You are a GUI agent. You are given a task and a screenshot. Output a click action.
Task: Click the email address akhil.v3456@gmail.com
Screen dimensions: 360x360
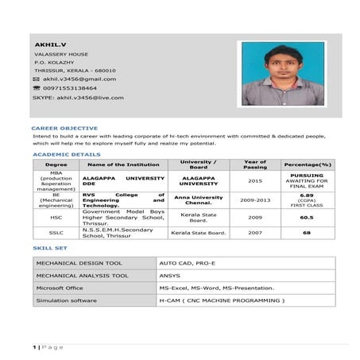[79, 79]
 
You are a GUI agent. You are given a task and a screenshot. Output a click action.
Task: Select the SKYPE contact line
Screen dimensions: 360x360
[78, 98]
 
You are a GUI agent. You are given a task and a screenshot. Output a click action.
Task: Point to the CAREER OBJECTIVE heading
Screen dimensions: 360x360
[64, 128]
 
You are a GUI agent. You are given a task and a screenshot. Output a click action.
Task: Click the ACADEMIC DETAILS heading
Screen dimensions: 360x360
[67, 154]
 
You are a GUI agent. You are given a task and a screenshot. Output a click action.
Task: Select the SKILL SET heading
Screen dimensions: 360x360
[49, 249]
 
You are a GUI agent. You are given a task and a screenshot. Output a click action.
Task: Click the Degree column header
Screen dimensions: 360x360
[56, 165]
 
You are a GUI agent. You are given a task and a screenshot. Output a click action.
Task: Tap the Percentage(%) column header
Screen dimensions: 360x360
[307, 165]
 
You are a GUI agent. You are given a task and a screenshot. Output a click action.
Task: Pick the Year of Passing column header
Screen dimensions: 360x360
[255, 165]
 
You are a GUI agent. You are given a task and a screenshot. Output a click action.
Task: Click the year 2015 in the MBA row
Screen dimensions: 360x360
[255, 180]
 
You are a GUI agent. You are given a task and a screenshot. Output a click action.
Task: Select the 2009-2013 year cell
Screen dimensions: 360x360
[255, 199]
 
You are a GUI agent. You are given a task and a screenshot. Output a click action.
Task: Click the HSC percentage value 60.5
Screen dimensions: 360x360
[307, 217]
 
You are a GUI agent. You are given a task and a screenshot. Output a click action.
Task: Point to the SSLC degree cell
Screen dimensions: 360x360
[56, 233]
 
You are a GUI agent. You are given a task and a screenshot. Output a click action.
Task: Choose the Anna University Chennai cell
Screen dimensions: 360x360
[199, 199]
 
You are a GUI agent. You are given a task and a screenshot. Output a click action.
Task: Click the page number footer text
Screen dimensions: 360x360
[47, 347]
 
